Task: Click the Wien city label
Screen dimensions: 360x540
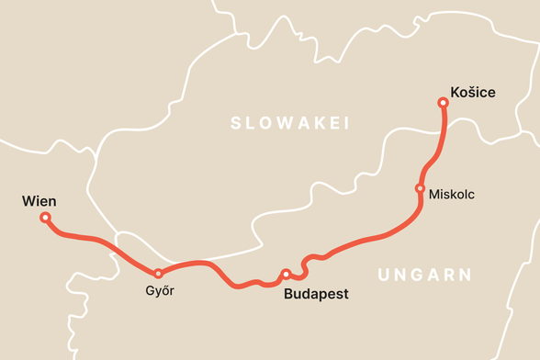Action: pos(39,201)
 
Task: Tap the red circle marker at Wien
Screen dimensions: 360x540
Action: pos(45,218)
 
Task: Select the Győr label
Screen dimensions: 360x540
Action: pos(160,291)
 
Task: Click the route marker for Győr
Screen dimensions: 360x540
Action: pos(158,274)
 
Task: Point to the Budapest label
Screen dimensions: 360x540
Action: pos(317,295)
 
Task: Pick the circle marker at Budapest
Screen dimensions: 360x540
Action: pos(287,274)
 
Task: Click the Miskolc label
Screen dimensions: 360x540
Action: pos(452,195)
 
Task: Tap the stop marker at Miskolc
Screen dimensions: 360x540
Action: pos(420,188)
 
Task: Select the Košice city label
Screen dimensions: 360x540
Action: pos(473,92)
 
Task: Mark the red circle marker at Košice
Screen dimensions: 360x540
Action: pos(444,104)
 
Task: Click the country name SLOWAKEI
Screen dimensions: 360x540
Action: pos(290,123)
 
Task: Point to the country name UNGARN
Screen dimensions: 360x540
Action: pos(424,275)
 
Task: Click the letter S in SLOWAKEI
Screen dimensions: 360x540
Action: pos(236,123)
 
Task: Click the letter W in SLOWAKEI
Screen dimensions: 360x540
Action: pos(276,123)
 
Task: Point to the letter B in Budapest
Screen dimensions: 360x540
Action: pos(289,295)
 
